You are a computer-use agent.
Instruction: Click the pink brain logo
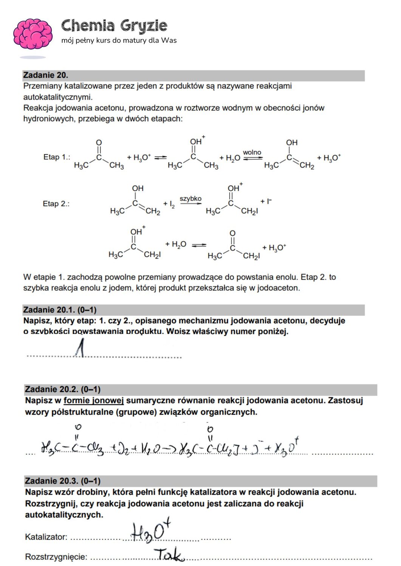click(33, 34)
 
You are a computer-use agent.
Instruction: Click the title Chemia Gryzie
click(114, 26)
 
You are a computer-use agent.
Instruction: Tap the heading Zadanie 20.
click(46, 75)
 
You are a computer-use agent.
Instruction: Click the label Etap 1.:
click(57, 157)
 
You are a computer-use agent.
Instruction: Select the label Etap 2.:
click(56, 204)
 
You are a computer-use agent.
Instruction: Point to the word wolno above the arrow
click(252, 152)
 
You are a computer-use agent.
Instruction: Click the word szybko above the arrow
click(190, 198)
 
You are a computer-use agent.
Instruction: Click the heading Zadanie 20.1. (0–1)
click(60, 310)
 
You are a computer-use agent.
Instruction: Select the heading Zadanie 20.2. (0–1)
click(62, 389)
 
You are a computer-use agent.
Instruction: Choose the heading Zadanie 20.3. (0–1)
click(62, 481)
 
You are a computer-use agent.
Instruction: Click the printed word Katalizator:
click(46, 537)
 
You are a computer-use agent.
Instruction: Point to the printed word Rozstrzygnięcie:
click(56, 557)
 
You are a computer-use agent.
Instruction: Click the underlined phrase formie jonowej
click(93, 400)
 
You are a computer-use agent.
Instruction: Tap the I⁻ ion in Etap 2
click(268, 201)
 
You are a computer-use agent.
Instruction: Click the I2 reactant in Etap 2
click(171, 204)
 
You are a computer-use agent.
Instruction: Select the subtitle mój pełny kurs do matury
click(119, 40)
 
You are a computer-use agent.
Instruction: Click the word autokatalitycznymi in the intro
click(58, 97)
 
